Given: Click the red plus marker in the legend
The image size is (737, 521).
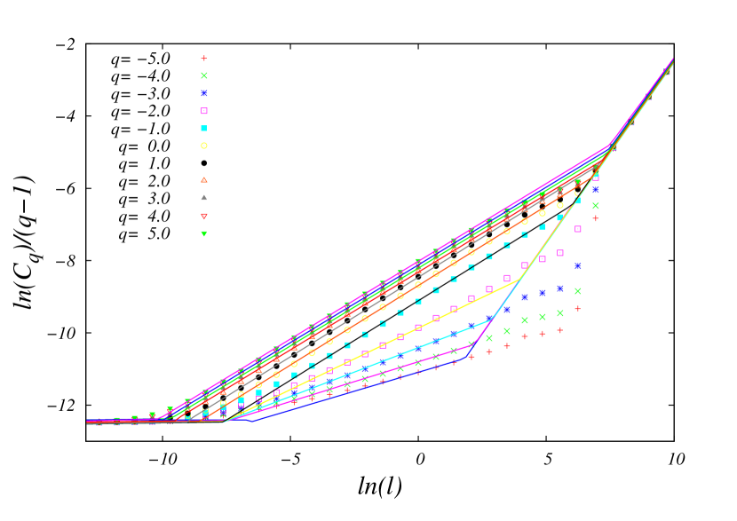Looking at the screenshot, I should click(204, 59).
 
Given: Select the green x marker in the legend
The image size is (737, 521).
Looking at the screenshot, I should click(204, 75).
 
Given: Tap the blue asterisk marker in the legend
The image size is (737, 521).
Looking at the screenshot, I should click(204, 93).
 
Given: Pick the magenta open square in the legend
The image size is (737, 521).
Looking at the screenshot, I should click(204, 111).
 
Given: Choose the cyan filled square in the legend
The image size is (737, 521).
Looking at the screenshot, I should click(204, 128).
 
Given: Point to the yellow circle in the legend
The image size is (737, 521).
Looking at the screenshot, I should click(204, 146).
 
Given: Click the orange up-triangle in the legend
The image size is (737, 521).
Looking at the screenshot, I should click(204, 179).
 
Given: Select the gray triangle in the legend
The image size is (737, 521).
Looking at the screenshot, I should click(204, 197).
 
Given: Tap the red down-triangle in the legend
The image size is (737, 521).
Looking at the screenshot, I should click(204, 216).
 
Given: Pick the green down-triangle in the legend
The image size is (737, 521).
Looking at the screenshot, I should click(204, 233).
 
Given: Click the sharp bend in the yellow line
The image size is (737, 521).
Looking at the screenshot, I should click(518, 280).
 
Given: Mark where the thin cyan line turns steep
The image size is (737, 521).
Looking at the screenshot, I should click(491, 319).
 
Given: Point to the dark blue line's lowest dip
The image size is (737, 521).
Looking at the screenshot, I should click(253, 421).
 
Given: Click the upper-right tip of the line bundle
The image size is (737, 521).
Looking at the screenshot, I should click(673, 59).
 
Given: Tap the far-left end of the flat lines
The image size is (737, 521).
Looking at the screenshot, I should click(88, 422).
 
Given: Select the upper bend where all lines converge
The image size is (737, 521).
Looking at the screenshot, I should click(609, 146).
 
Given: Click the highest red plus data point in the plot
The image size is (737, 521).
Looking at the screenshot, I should click(596, 218).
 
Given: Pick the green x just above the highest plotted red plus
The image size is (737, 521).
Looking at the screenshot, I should click(596, 205).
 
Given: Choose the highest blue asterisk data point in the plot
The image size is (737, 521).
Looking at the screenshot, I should click(596, 189).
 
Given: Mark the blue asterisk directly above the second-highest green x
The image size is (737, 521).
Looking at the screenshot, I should click(578, 265).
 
